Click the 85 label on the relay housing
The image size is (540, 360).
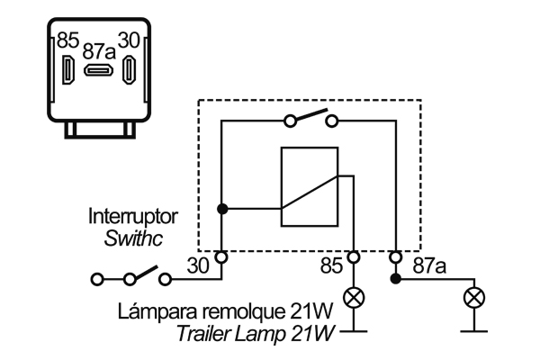68,40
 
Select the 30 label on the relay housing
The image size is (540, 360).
130,40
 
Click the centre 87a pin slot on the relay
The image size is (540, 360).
98,71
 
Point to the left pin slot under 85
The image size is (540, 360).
68,70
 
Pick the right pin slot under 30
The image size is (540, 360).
129,70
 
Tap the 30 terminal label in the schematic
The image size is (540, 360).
197,265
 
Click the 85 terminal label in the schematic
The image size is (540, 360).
333,265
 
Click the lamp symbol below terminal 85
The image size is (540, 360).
355,296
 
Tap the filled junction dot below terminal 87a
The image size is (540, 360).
395,279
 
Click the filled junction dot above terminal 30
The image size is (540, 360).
220,209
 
